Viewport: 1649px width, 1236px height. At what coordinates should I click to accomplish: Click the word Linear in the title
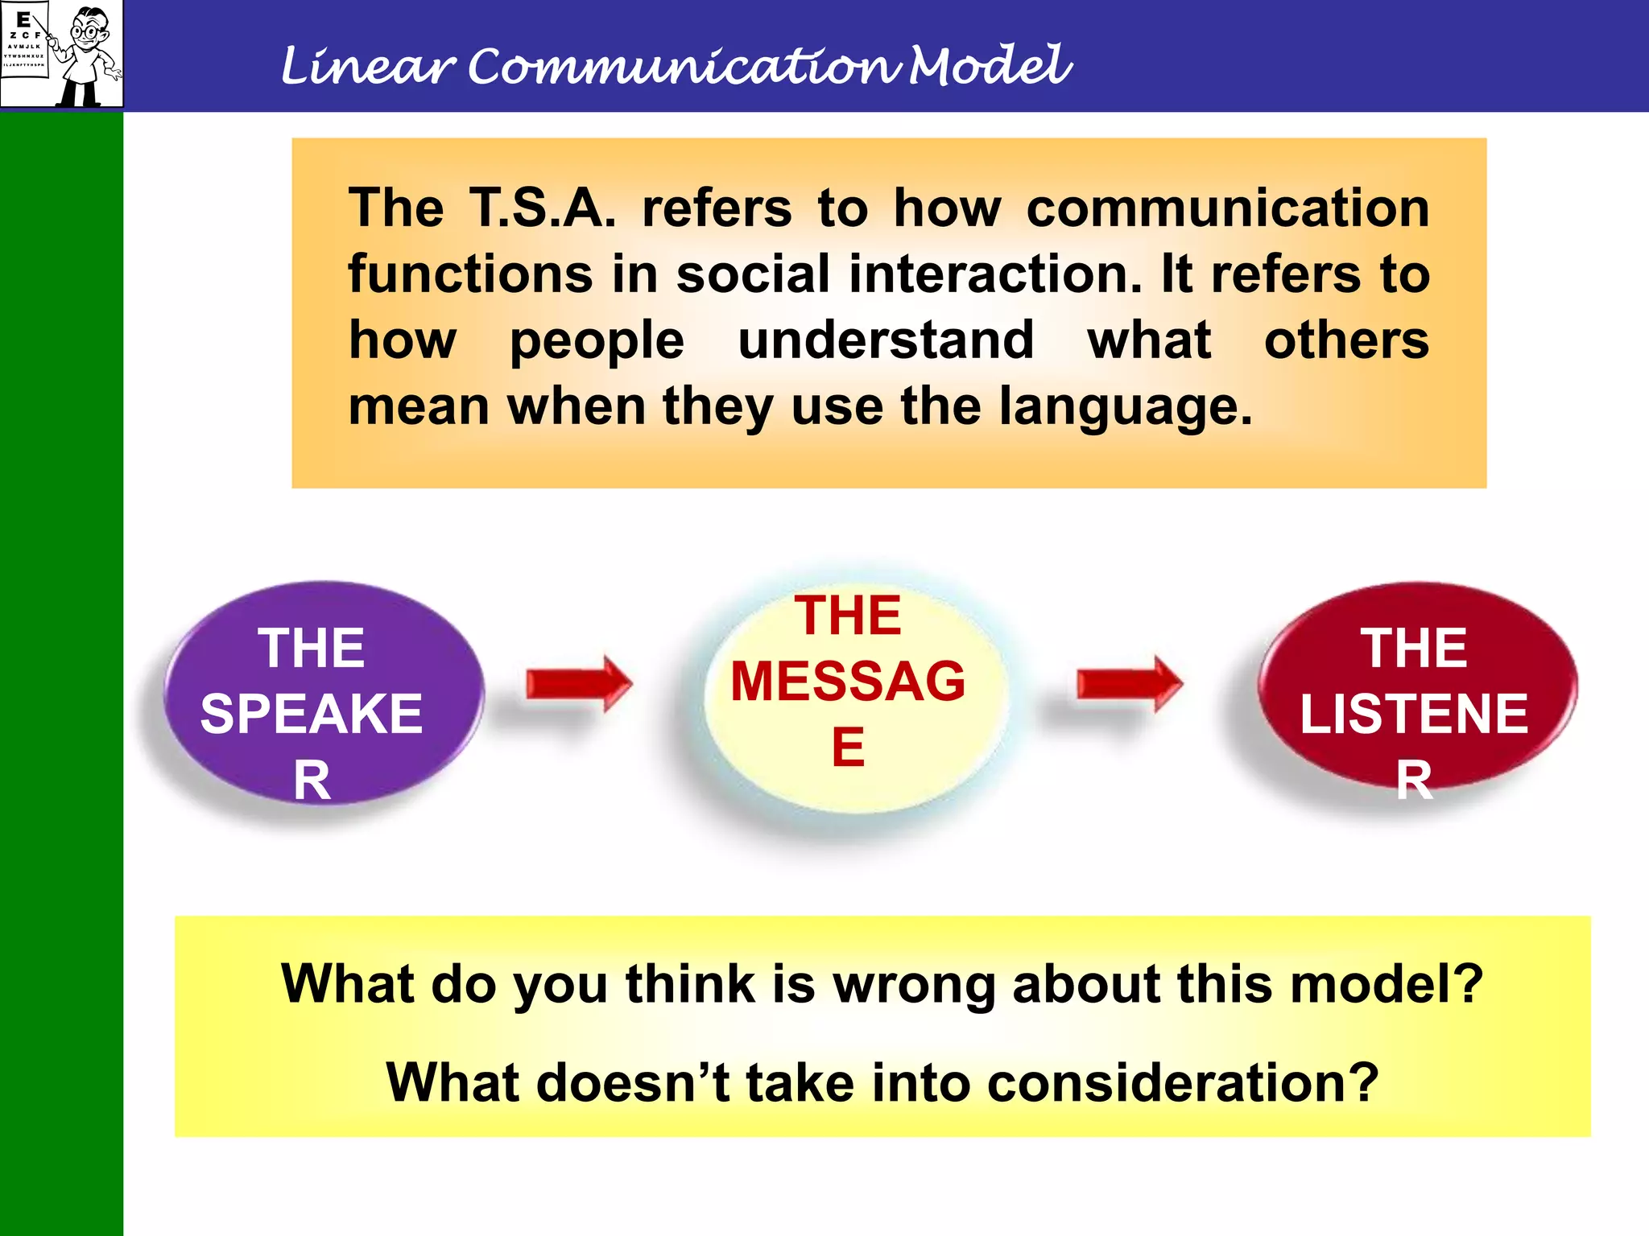(x=367, y=66)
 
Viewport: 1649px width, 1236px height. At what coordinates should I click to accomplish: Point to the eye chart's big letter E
(x=23, y=20)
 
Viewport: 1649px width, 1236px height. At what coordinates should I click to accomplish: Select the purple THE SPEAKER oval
(x=322, y=692)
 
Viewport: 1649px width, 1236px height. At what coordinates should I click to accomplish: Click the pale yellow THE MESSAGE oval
(x=849, y=692)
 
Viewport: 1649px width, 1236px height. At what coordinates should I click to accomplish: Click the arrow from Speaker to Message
(x=578, y=684)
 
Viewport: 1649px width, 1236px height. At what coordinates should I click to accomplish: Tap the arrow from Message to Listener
(x=1129, y=684)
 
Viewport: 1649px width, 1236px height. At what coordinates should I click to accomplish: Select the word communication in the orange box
(x=1227, y=208)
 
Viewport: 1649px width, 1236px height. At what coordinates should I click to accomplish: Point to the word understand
(x=886, y=340)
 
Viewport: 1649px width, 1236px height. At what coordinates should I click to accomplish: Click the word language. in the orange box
(x=1126, y=406)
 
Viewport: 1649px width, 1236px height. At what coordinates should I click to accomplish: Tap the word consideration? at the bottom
(x=1182, y=1083)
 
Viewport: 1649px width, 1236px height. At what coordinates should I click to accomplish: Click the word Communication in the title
(x=683, y=66)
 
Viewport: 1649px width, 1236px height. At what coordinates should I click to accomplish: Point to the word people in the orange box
(x=597, y=340)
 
